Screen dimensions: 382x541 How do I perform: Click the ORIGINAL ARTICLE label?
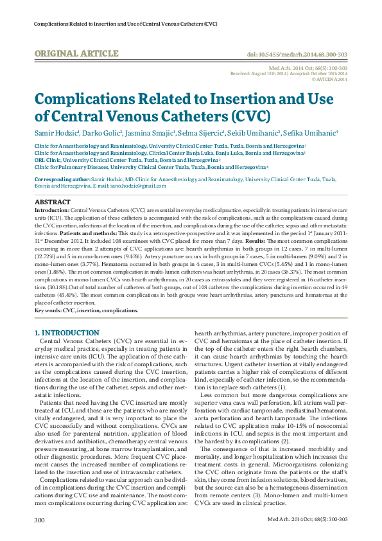(x=76, y=53)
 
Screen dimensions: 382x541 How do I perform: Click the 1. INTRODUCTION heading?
(x=66, y=333)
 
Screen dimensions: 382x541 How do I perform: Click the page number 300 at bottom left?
(x=39, y=519)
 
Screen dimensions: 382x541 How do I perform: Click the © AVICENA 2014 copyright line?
(x=329, y=80)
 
